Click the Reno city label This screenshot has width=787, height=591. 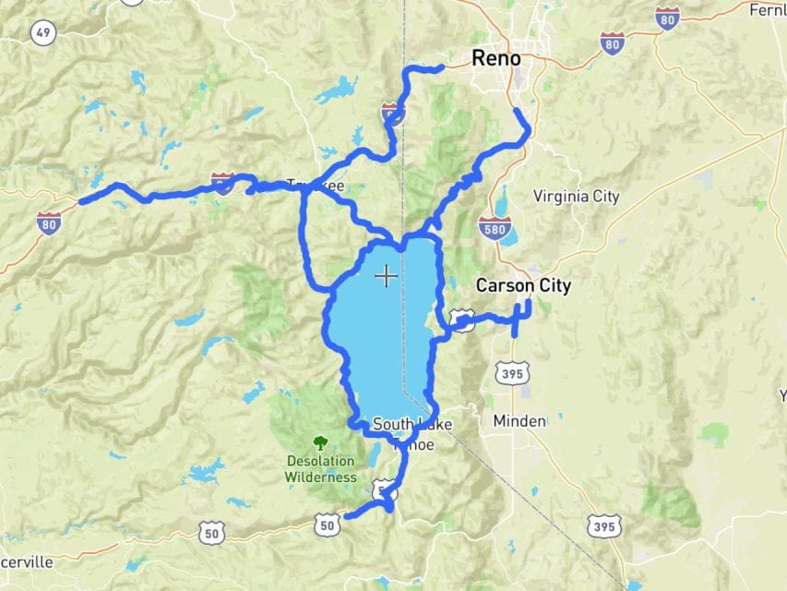point(495,58)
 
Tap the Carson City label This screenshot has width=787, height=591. point(522,286)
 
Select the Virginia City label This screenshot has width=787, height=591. point(576,197)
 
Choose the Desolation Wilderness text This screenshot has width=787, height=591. point(319,469)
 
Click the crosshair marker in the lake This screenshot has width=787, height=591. point(386,275)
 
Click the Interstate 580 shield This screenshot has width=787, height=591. point(495,229)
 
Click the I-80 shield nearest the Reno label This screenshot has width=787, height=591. point(611,42)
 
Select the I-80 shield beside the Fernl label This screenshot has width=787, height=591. point(668,17)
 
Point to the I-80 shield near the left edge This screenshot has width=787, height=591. point(50,222)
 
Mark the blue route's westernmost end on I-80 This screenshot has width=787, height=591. point(82,201)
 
